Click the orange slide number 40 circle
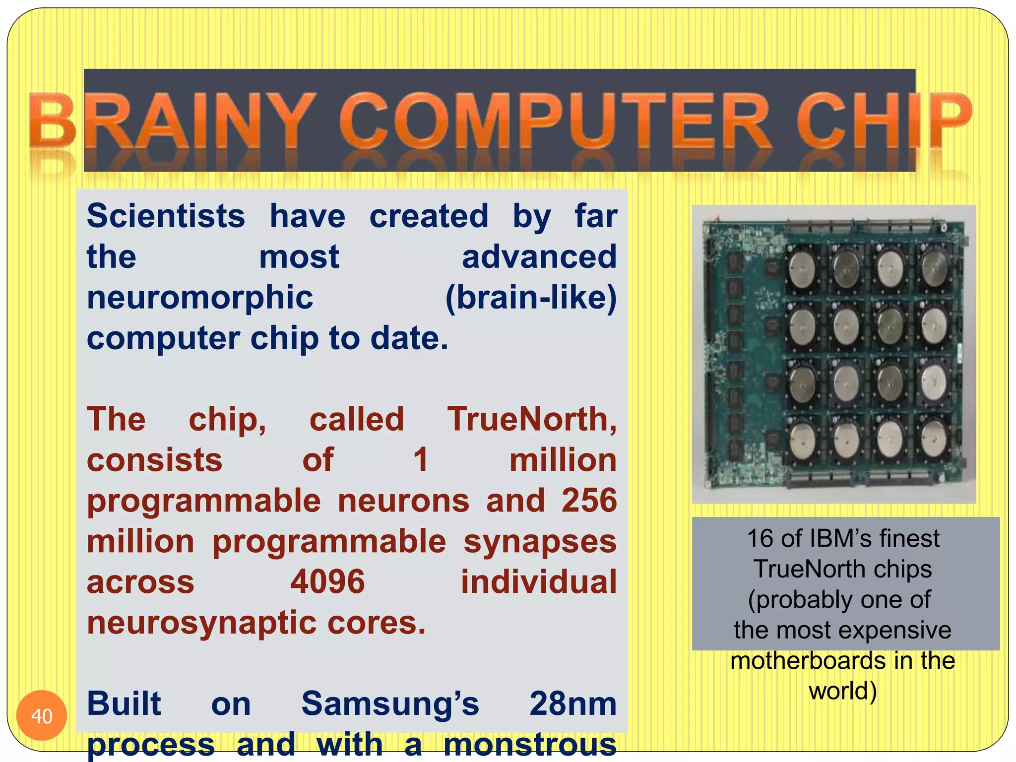pyautogui.click(x=42, y=716)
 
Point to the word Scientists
pyautogui.click(x=166, y=216)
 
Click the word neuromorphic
pyautogui.click(x=200, y=298)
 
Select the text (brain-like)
pyautogui.click(x=531, y=298)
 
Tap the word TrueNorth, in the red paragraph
pyautogui.click(x=532, y=420)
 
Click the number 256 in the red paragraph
pyautogui.click(x=589, y=501)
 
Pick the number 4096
pyautogui.click(x=327, y=582)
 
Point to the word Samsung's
pyautogui.click(x=390, y=704)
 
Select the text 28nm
pyautogui.click(x=572, y=704)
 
